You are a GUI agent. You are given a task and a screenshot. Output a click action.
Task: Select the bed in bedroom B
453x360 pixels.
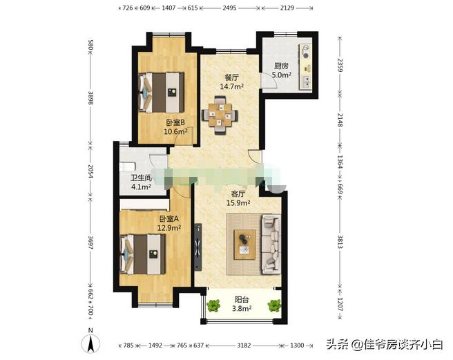point(160,91)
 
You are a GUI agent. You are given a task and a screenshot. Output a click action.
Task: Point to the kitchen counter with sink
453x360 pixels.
point(304,66)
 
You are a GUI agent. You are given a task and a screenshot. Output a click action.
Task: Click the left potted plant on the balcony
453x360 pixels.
point(214,305)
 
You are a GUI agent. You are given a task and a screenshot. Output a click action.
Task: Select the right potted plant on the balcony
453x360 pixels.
point(275,305)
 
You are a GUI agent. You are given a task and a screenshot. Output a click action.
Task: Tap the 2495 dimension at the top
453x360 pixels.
point(230,8)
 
